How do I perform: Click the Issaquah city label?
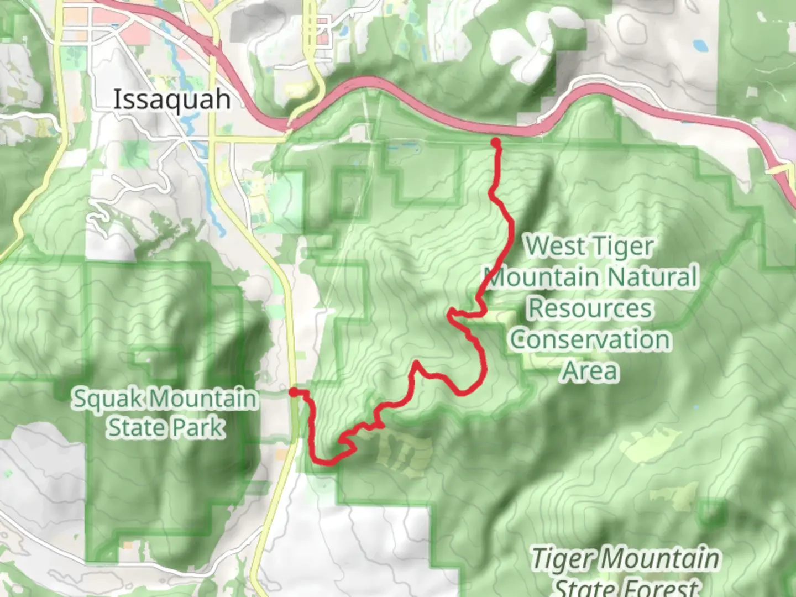172,100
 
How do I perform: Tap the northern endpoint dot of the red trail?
495,143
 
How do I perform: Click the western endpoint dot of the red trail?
294,392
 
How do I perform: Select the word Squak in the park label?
108,398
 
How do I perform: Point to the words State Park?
166,427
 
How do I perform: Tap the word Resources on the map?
590,308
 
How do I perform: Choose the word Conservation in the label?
590,339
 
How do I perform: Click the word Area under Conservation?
590,370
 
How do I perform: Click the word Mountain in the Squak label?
203,398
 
